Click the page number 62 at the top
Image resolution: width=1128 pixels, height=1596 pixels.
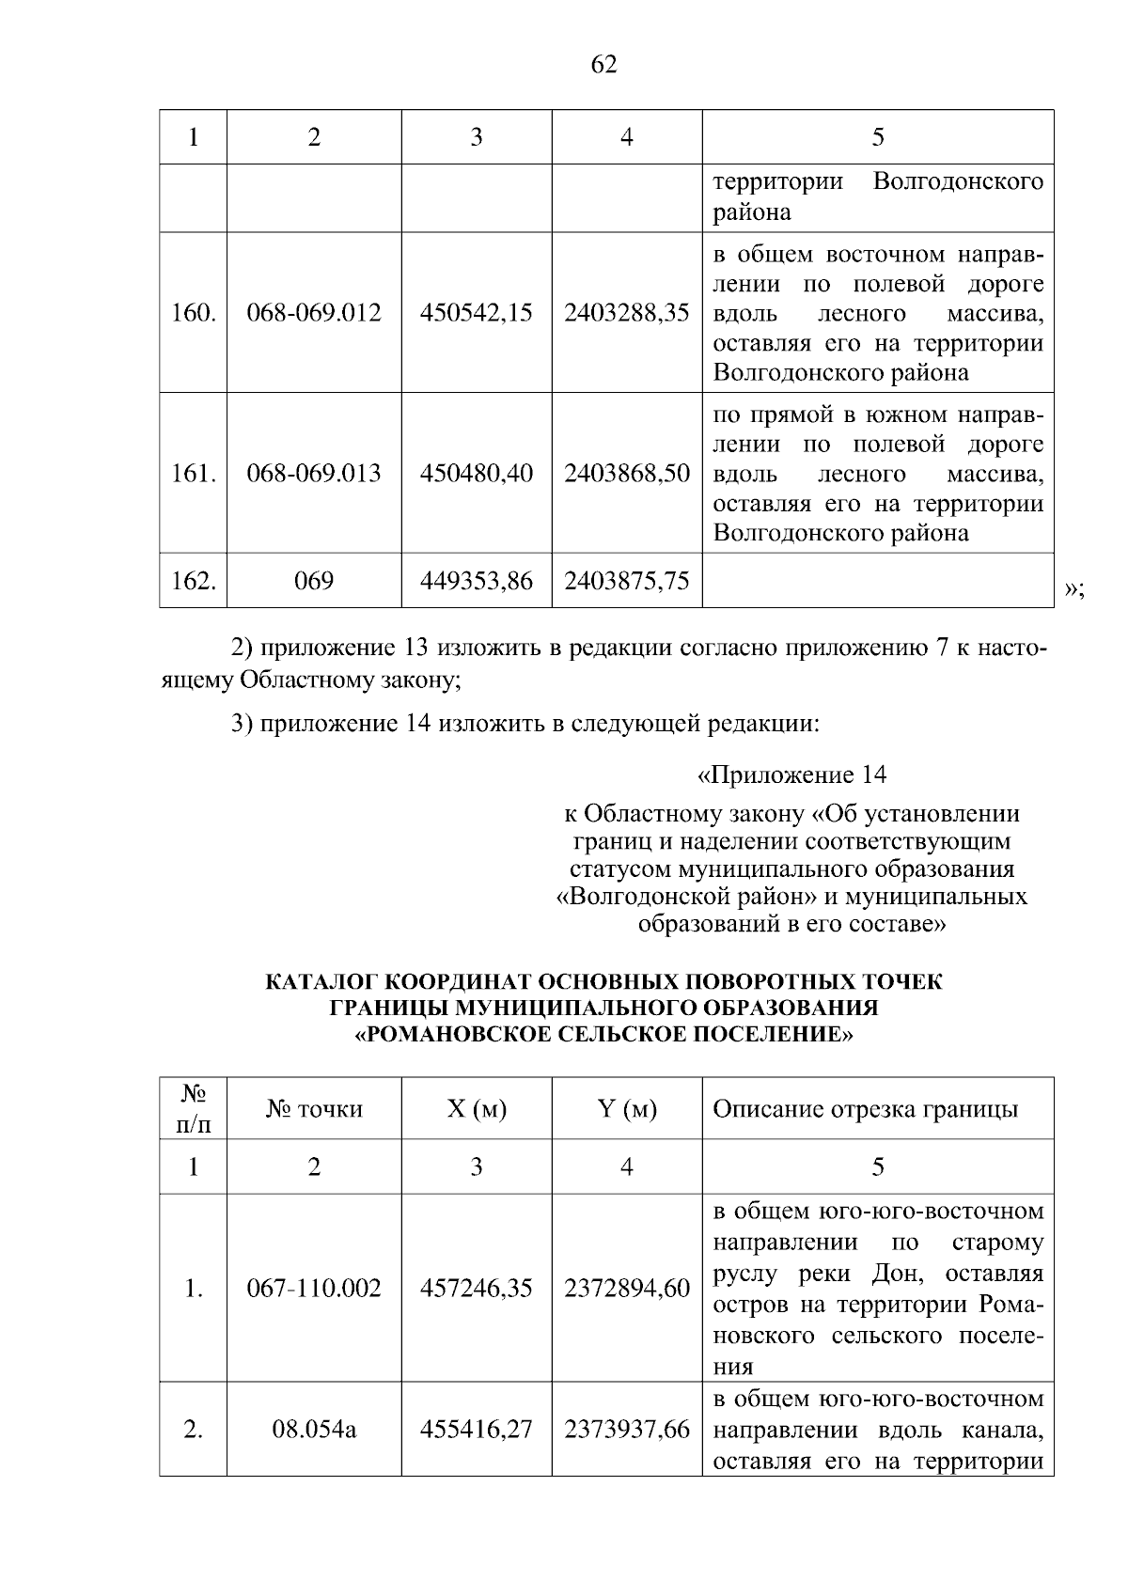[x=604, y=65]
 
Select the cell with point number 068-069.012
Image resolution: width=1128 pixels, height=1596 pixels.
[x=314, y=312]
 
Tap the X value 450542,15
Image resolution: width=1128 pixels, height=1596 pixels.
[x=477, y=312]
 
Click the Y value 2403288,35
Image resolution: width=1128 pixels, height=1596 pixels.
[x=627, y=312]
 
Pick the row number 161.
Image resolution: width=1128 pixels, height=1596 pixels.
[x=193, y=473]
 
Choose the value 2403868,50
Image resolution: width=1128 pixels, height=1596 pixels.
[x=627, y=473]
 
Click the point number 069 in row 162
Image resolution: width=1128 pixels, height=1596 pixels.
[x=314, y=581]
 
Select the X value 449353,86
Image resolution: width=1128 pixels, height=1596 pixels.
[x=477, y=581]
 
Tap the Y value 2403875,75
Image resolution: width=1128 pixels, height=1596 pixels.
[x=627, y=581]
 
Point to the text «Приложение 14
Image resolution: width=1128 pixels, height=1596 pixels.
[x=791, y=775]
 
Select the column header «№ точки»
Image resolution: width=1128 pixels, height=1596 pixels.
[x=314, y=1109]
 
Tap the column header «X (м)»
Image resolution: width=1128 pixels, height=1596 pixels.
[x=477, y=1109]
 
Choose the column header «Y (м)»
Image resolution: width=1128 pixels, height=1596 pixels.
[x=627, y=1109]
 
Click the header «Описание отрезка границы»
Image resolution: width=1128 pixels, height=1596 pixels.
[x=865, y=1109]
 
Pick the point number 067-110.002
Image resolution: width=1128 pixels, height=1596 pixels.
[x=314, y=1288]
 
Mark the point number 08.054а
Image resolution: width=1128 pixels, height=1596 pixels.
[x=314, y=1430]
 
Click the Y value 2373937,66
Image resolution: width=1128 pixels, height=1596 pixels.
[x=627, y=1430]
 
